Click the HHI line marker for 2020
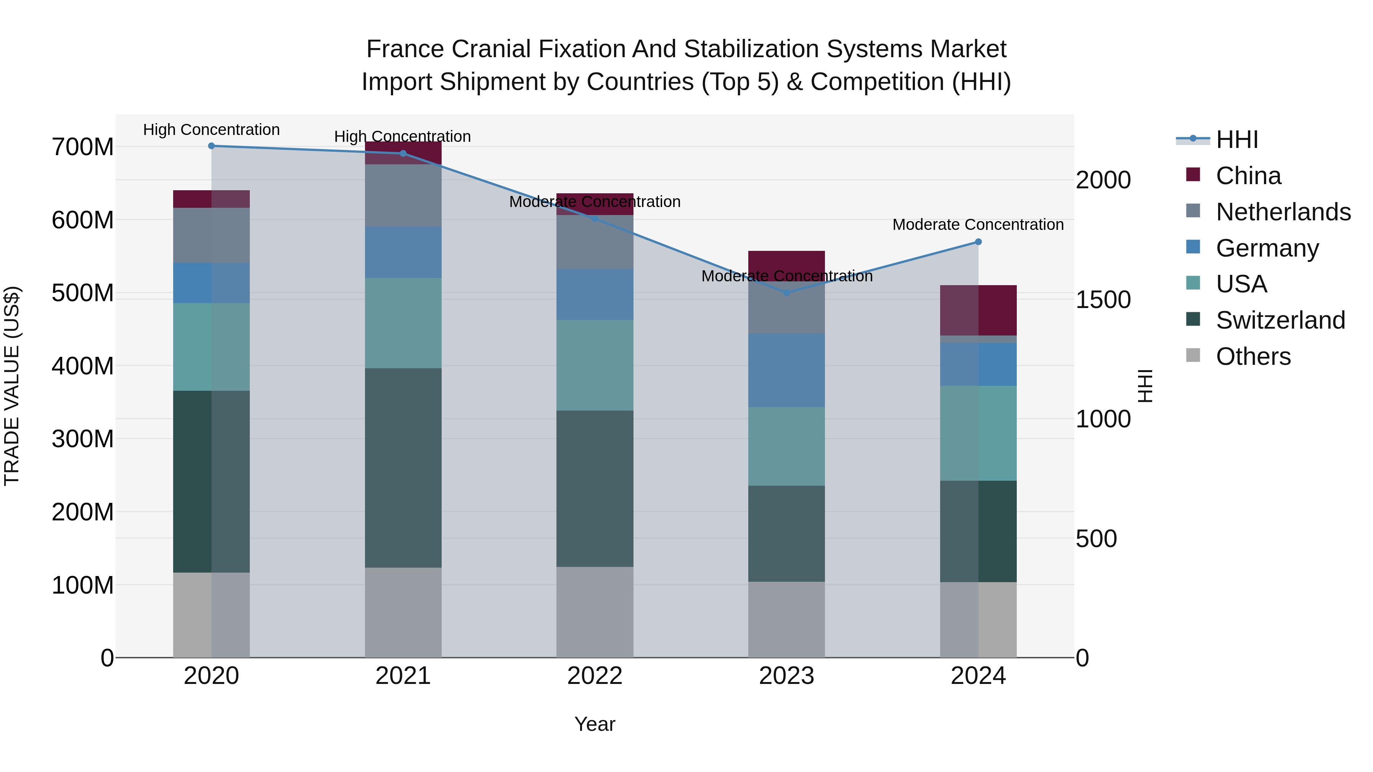(x=212, y=146)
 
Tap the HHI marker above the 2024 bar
(x=978, y=242)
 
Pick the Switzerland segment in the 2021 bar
(x=403, y=468)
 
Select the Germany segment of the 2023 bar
(x=787, y=370)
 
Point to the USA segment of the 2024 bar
(x=978, y=433)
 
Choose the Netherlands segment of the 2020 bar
(x=212, y=235)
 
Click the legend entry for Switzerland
(x=1280, y=320)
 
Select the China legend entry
(x=1248, y=176)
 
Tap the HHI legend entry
(x=1236, y=140)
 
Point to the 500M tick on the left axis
(x=83, y=293)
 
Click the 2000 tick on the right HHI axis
(x=1103, y=180)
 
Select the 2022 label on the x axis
(x=595, y=676)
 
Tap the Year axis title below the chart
(x=595, y=724)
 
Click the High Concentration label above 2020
(x=212, y=130)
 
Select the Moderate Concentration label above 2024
(x=978, y=225)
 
